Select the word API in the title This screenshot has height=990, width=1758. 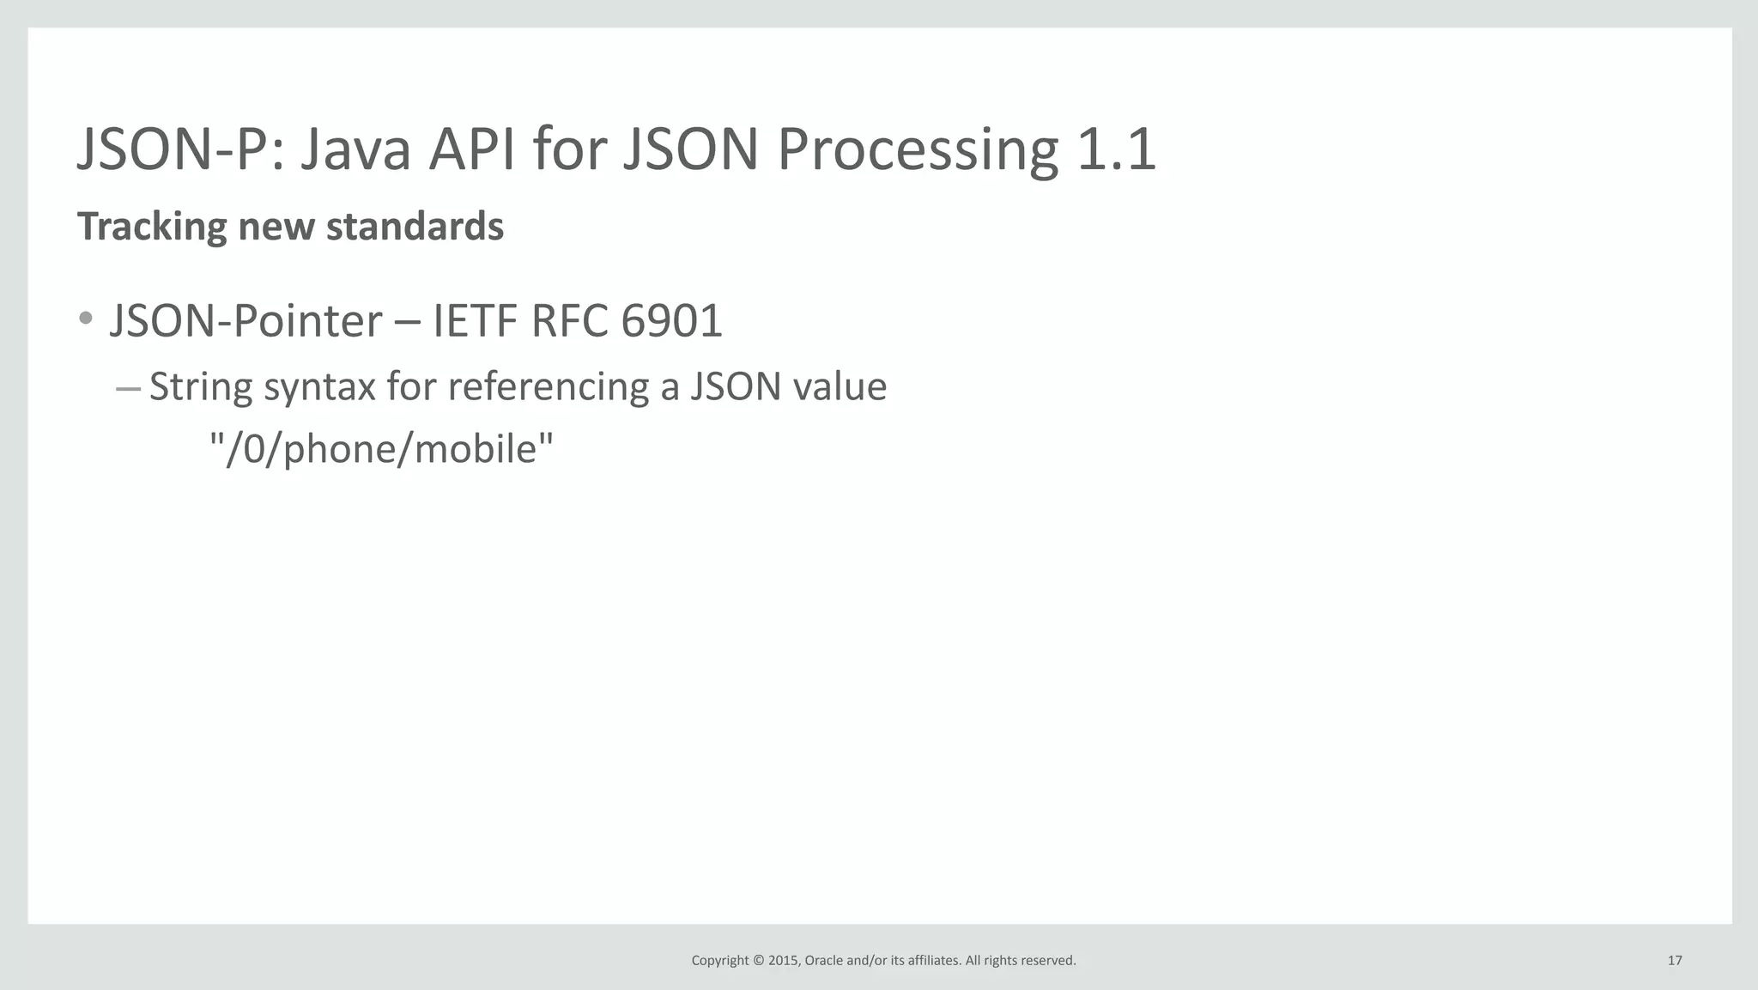472,150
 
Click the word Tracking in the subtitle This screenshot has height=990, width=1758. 152,228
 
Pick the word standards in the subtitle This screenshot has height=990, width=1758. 415,227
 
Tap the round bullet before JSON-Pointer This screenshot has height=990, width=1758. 85,319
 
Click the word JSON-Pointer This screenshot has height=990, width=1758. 246,322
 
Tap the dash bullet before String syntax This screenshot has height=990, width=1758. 128,389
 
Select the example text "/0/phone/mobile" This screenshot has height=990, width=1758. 382,449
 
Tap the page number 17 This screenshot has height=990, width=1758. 1674,961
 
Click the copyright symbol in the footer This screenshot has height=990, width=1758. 758,961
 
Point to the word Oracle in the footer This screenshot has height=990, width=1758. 823,961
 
